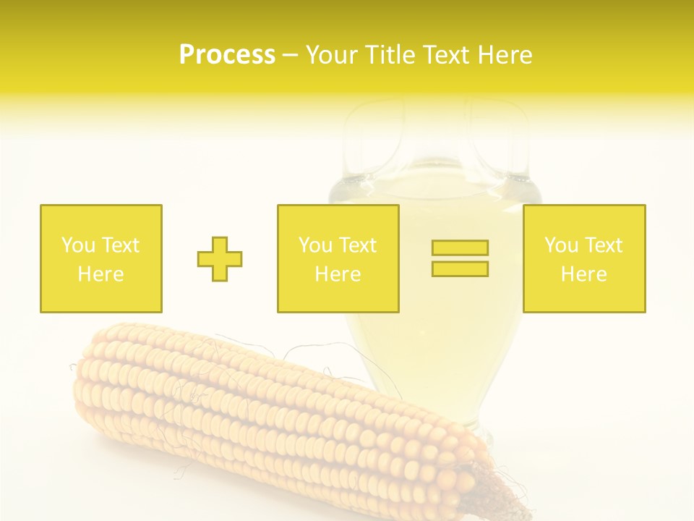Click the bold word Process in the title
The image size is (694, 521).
point(227,55)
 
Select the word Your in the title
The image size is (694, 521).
point(331,55)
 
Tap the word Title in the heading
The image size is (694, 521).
point(389,55)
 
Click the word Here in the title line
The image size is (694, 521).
point(505,55)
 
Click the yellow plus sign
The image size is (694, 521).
point(220,259)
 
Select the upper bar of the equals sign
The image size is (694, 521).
point(460,247)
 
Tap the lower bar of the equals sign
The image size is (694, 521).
point(460,269)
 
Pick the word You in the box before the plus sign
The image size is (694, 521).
point(78,245)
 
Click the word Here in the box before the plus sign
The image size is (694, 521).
point(100,274)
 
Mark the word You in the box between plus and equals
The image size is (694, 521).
point(315,245)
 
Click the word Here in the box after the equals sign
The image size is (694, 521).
point(583,274)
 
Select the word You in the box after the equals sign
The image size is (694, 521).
point(561,245)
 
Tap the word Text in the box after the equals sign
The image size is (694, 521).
point(603,245)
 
